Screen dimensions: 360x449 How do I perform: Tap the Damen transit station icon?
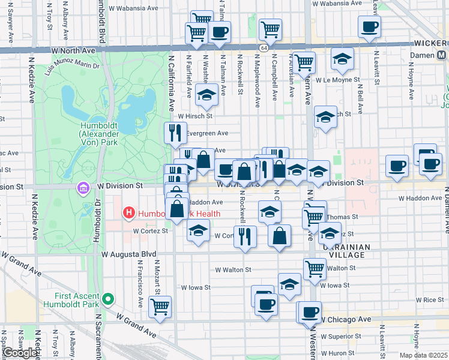tap(442, 55)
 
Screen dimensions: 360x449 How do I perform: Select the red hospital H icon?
tap(127, 212)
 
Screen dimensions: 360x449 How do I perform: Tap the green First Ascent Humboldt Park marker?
tap(107, 298)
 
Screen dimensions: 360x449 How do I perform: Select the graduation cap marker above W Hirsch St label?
tap(206, 95)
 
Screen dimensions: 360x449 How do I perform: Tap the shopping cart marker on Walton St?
tap(315, 269)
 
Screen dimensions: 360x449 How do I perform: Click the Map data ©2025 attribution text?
tap(425, 355)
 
